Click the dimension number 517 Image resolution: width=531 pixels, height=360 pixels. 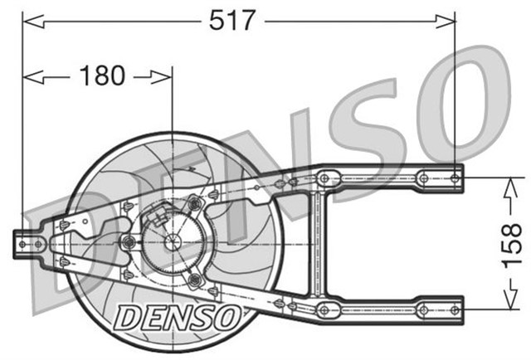[230, 20]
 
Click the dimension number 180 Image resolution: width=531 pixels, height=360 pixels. [102, 76]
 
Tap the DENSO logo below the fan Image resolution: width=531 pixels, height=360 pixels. [177, 315]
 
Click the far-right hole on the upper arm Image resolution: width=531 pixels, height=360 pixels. [455, 177]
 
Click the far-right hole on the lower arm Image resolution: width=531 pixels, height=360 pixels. [455, 309]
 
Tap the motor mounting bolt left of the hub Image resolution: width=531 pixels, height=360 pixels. [129, 241]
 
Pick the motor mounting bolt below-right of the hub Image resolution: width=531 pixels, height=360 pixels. [194, 280]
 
